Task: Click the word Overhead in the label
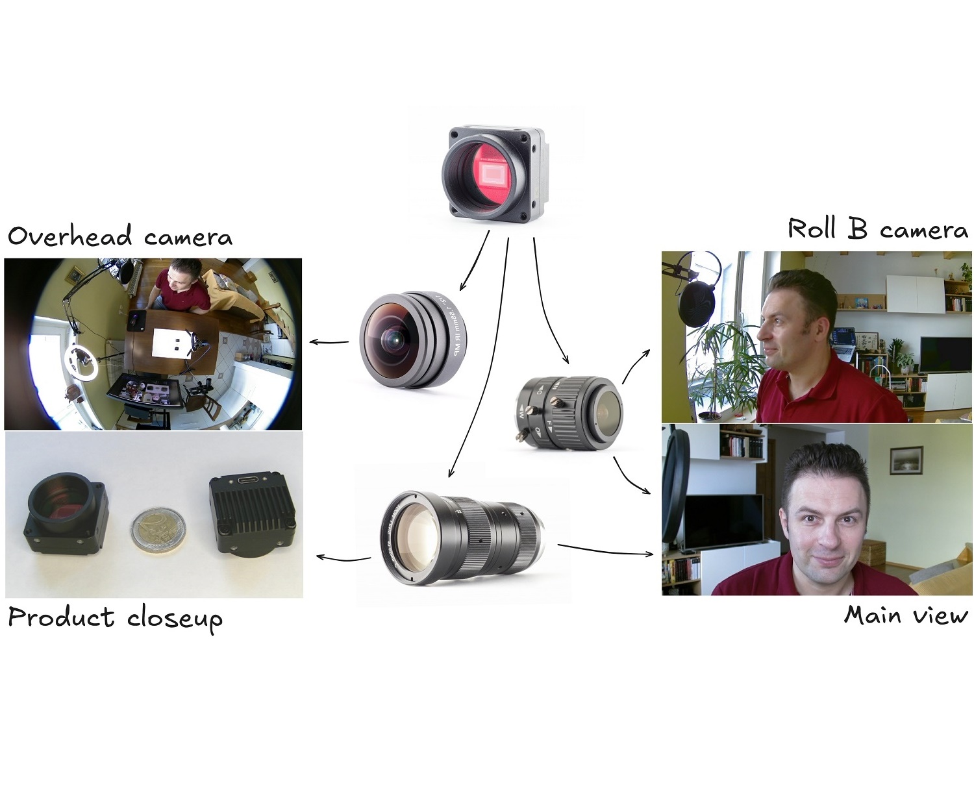[69, 236]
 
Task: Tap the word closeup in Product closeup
[175, 618]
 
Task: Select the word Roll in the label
[812, 229]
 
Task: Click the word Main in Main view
[871, 615]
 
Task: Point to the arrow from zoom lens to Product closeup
[342, 558]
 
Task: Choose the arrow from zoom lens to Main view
[604, 551]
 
